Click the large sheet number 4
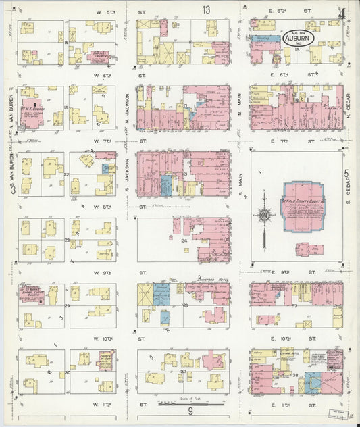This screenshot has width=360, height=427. (x=343, y=13)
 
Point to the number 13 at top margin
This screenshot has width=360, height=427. (x=205, y=9)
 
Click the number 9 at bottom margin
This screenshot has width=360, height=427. (x=191, y=412)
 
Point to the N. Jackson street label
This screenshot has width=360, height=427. (x=127, y=108)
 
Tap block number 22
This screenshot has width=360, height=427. (x=67, y=175)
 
